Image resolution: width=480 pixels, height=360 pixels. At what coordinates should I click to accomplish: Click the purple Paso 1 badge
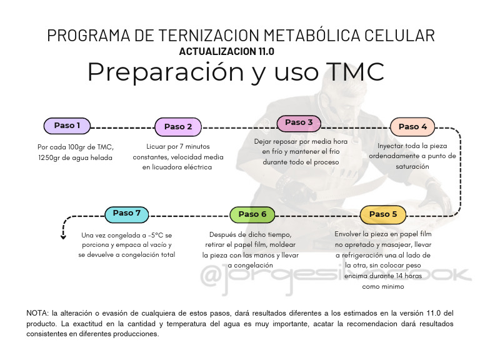tap(67, 126)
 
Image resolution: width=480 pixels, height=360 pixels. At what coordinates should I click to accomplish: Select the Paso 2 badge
tap(178, 127)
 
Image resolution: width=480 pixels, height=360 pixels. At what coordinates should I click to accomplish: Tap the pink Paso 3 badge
tap(299, 122)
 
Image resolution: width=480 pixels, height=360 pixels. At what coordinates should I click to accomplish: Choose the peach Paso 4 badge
tap(413, 127)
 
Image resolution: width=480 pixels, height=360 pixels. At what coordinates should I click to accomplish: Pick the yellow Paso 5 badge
tap(383, 214)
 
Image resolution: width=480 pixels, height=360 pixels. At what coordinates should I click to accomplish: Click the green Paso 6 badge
tap(252, 214)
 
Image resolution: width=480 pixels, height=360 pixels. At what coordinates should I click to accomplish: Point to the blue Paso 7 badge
tap(127, 213)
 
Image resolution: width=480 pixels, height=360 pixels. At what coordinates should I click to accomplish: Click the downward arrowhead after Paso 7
tap(63, 236)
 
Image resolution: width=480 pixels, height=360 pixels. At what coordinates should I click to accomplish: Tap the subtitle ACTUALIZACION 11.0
tap(226, 51)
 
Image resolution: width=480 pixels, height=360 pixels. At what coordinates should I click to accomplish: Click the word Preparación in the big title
tap(165, 72)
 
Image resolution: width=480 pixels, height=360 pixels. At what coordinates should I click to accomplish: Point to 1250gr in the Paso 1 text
tap(52, 157)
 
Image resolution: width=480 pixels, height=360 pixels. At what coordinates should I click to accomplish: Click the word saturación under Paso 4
tap(412, 167)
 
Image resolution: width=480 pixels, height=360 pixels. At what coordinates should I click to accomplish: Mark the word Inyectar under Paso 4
tap(393, 146)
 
